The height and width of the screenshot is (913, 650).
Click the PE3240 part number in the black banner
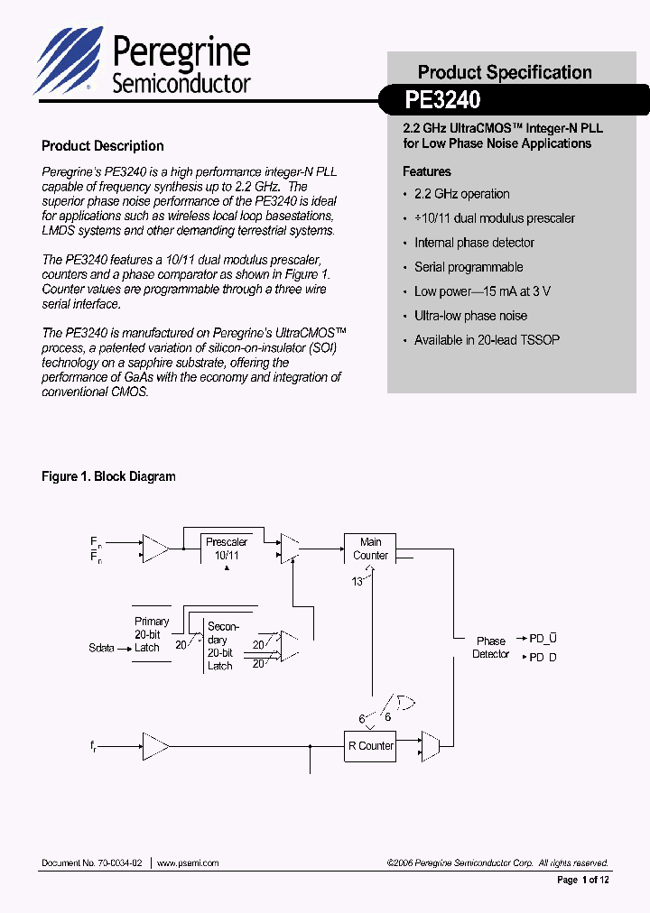pyautogui.click(x=442, y=98)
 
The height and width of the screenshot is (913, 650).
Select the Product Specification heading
pyautogui.click(x=505, y=72)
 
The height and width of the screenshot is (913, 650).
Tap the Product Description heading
pyautogui.click(x=103, y=146)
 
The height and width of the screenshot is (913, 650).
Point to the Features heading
pyautogui.click(x=426, y=171)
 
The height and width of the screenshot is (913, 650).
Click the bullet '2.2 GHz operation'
pyautogui.click(x=461, y=194)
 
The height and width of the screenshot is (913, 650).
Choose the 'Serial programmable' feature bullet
pyautogui.click(x=469, y=267)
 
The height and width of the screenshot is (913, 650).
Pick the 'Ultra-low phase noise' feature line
pyautogui.click(x=470, y=316)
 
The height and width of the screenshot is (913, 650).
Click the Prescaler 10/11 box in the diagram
pyautogui.click(x=227, y=549)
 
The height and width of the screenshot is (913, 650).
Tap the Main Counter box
pyautogui.click(x=370, y=549)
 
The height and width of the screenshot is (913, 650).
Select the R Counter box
pyautogui.click(x=370, y=746)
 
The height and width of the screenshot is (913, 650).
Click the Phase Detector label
pyautogui.click(x=490, y=648)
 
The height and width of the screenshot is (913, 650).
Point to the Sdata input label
pyautogui.click(x=102, y=648)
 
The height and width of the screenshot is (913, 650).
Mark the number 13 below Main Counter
pyautogui.click(x=357, y=582)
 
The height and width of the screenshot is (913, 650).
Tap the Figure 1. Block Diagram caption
pyautogui.click(x=108, y=476)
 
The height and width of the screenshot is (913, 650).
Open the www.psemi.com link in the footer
pyautogui.click(x=188, y=862)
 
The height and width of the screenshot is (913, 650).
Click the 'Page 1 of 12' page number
pyautogui.click(x=582, y=880)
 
